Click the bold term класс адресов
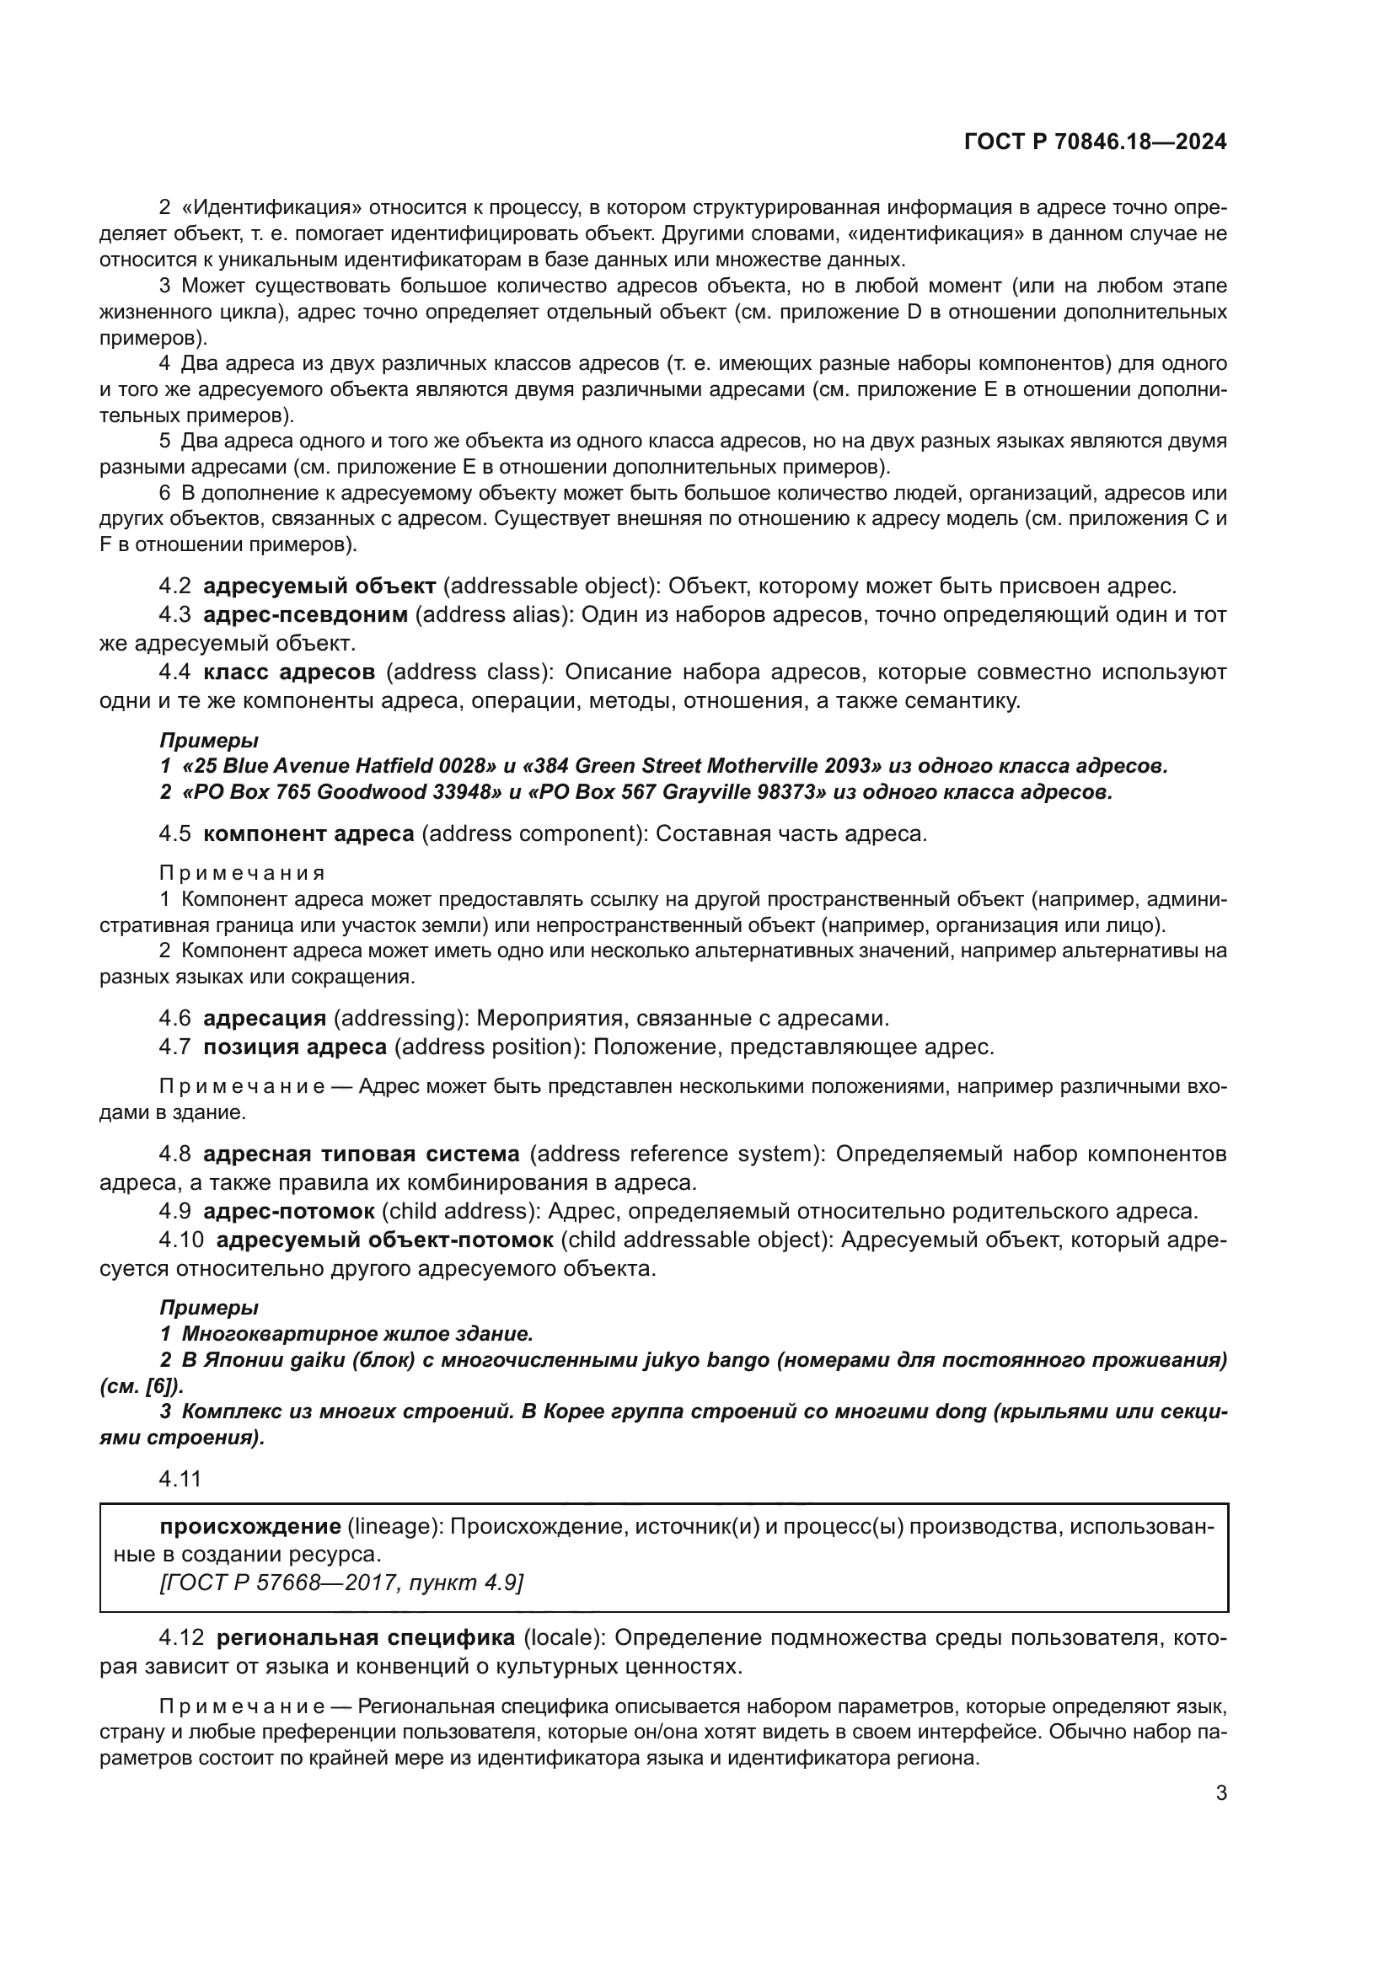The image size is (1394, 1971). click(289, 672)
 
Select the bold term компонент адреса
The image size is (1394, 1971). click(308, 833)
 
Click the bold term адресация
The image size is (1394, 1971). click(265, 1018)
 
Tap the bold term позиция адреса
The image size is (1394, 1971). click(294, 1047)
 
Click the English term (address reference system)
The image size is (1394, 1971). click(678, 1154)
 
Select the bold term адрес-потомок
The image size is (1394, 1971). click(288, 1211)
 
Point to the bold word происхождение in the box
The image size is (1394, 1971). click(249, 1526)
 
